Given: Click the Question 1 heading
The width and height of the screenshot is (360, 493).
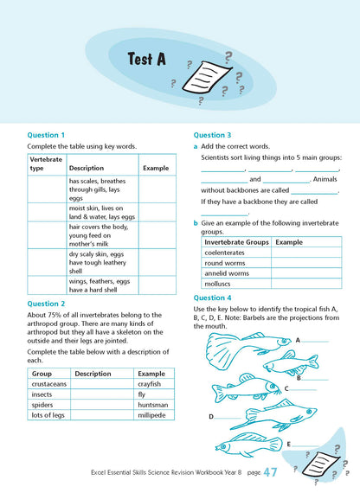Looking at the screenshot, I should click(x=46, y=135).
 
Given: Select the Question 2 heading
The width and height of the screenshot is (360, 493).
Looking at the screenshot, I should click(x=46, y=304).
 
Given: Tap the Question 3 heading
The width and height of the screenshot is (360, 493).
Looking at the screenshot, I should click(x=212, y=135).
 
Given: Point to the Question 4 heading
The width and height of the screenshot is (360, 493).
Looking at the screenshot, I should click(x=212, y=297).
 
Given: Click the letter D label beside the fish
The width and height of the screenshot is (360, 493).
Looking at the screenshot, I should click(x=210, y=416).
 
